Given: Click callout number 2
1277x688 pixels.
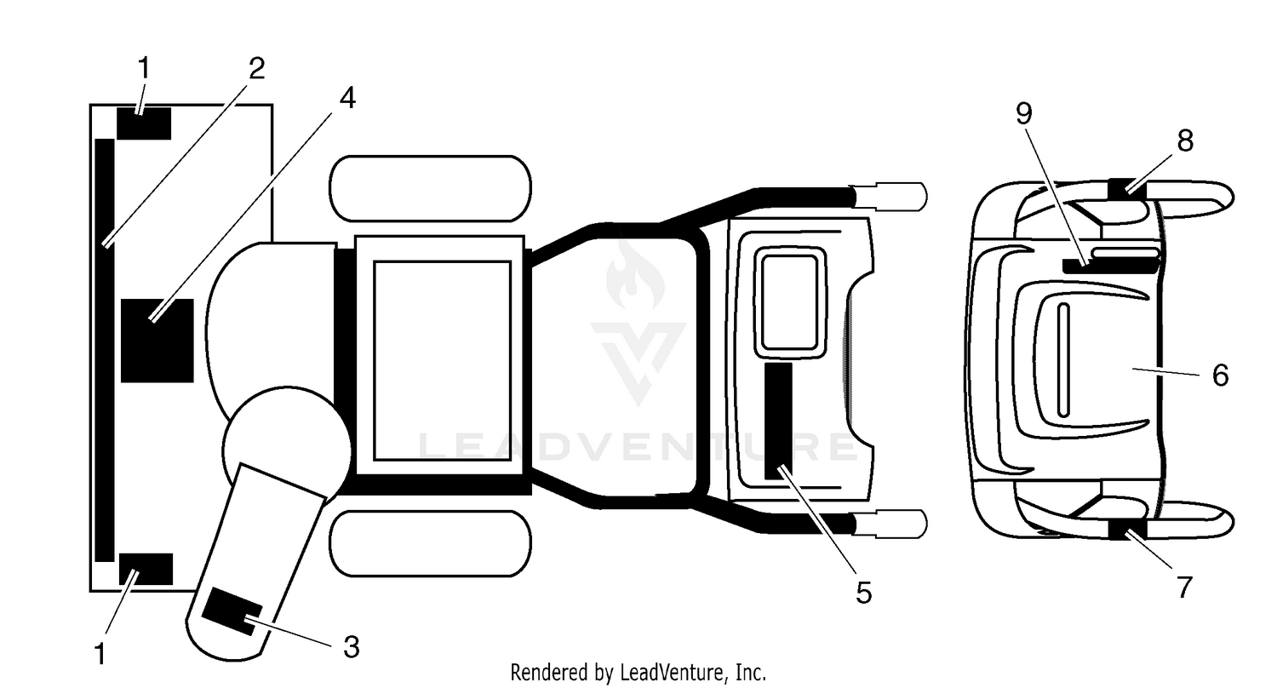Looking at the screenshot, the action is point(256,68).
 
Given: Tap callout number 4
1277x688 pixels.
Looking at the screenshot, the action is point(347,98).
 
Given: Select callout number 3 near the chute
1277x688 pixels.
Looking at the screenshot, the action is point(352,647).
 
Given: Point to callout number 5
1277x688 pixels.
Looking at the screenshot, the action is point(864,593).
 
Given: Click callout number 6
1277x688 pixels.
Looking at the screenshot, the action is point(1220,376).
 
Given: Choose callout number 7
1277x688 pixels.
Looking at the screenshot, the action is point(1185,588).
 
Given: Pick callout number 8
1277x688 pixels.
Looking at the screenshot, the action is point(1185,140).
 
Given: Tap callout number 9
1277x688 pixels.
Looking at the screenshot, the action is point(1024,114).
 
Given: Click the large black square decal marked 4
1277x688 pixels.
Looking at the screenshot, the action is point(157,341).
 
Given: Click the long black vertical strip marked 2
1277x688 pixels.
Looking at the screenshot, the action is point(105,350).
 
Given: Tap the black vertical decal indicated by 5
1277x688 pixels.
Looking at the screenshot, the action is point(778,421).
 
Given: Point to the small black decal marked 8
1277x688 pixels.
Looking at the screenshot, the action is point(1127,190).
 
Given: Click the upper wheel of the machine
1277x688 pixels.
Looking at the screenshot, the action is point(431,189).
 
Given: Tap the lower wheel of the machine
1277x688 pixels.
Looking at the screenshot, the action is point(431,544).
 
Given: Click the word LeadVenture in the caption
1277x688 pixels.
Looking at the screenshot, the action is point(673,673).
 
